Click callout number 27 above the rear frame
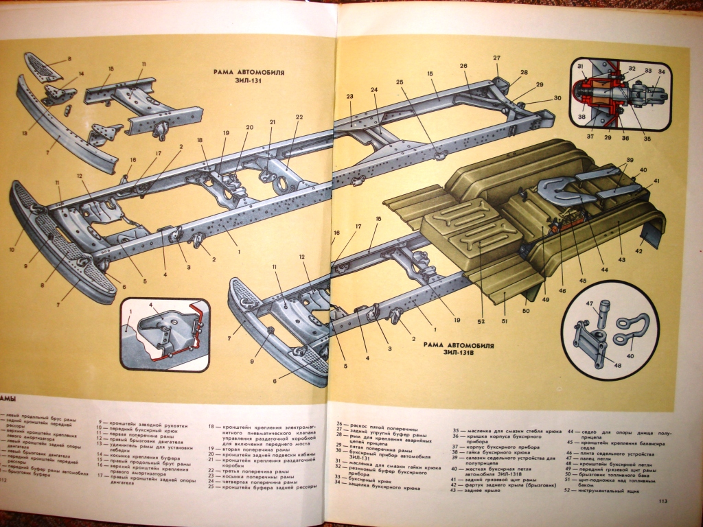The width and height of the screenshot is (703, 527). point(496,58)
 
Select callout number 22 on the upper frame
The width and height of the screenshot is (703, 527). point(299,117)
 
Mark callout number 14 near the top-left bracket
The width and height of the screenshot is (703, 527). point(80,73)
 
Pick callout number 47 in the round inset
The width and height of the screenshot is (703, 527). point(588,303)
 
